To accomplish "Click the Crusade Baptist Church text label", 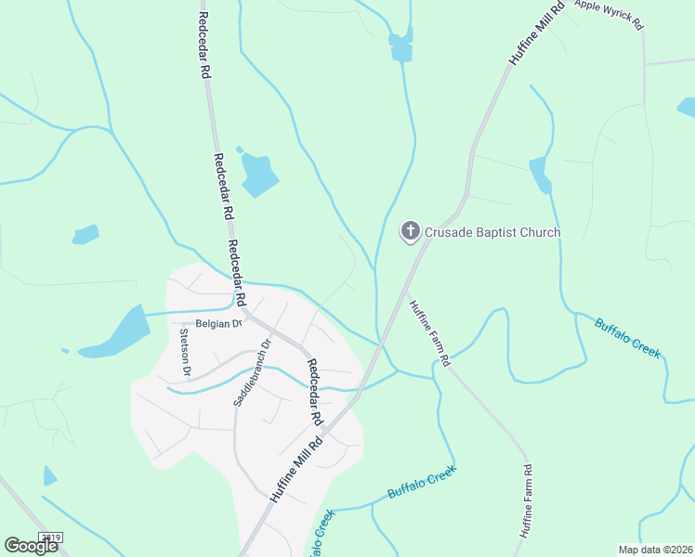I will pyautogui.click(x=493, y=231).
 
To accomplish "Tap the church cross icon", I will pyautogui.click(x=410, y=230).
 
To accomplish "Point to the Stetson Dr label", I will pyautogui.click(x=185, y=354).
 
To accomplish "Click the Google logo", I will pyautogui.click(x=32, y=546).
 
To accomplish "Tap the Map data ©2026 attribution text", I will pyautogui.click(x=655, y=550).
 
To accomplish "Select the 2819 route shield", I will pyautogui.click(x=51, y=537).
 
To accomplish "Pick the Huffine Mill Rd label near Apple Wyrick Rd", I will pyautogui.click(x=537, y=33).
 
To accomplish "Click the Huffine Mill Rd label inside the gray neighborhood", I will pyautogui.click(x=296, y=468).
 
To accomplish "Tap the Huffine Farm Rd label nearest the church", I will pyautogui.click(x=430, y=332).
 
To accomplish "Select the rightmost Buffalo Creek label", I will pyautogui.click(x=628, y=338).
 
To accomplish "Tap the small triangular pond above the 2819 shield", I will pyautogui.click(x=49, y=476).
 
